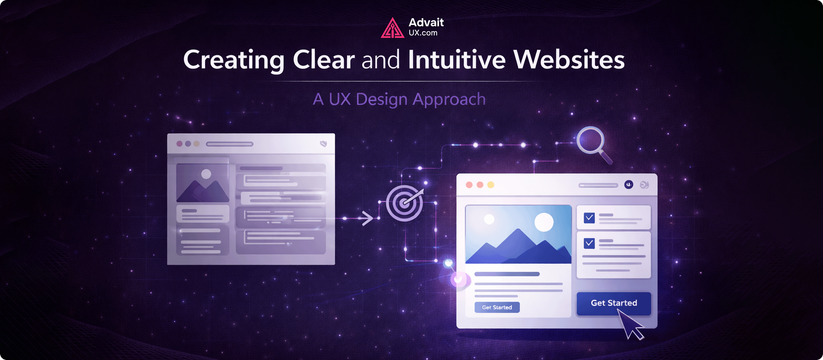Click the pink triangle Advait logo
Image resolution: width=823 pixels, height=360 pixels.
click(392, 28)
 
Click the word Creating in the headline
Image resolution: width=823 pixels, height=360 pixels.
click(234, 60)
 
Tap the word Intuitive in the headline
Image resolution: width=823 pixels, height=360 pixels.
click(457, 60)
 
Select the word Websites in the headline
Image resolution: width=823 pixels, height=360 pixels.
click(569, 60)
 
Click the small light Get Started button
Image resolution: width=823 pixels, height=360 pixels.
click(497, 307)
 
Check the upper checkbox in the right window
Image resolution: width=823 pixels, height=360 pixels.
click(589, 218)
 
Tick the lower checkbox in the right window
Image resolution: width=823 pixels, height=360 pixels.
click(589, 243)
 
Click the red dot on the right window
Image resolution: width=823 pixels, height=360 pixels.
click(469, 185)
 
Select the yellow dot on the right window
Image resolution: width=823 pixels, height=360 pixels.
click(491, 185)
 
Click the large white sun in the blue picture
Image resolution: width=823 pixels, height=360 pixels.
click(544, 222)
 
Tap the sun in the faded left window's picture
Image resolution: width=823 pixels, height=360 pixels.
click(206, 174)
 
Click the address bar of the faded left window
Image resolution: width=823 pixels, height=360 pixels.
click(230, 144)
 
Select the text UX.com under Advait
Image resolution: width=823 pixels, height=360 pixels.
click(423, 33)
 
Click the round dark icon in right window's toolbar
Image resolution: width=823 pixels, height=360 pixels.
click(629, 185)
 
